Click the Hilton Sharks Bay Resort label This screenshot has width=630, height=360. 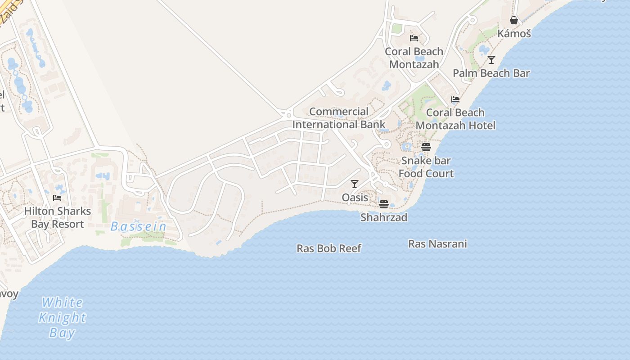[x=57, y=217]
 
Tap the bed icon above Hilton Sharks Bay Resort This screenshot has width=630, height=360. [x=57, y=198]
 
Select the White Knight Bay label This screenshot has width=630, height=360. [x=62, y=317]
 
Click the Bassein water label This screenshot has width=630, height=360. [x=139, y=226]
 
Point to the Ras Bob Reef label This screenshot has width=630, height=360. [x=329, y=248]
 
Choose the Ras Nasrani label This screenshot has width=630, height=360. [x=437, y=244]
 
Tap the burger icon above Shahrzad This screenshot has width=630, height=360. [x=384, y=204]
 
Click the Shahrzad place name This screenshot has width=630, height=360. [x=384, y=217]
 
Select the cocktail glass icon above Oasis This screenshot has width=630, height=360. [x=355, y=184]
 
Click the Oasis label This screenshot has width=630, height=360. [x=355, y=198]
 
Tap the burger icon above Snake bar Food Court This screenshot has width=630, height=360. [x=426, y=147]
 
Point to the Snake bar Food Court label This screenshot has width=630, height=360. [x=426, y=167]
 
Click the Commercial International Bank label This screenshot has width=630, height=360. [x=339, y=118]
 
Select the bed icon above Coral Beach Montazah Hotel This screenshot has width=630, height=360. [x=455, y=99]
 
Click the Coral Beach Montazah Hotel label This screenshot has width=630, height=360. [x=455, y=119]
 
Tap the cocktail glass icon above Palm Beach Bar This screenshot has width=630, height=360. [x=491, y=59]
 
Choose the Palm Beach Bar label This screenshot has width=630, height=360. [x=491, y=73]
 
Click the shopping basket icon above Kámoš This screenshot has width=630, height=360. [x=514, y=20]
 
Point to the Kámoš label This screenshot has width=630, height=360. [x=514, y=34]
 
